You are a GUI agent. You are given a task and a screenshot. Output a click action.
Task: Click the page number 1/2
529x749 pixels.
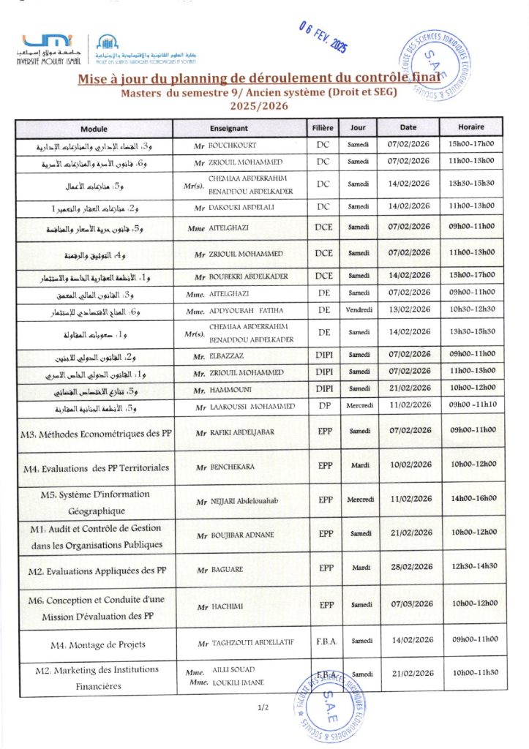click(264, 707)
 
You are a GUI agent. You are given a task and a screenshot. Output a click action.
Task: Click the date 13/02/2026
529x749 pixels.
click(412, 309)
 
